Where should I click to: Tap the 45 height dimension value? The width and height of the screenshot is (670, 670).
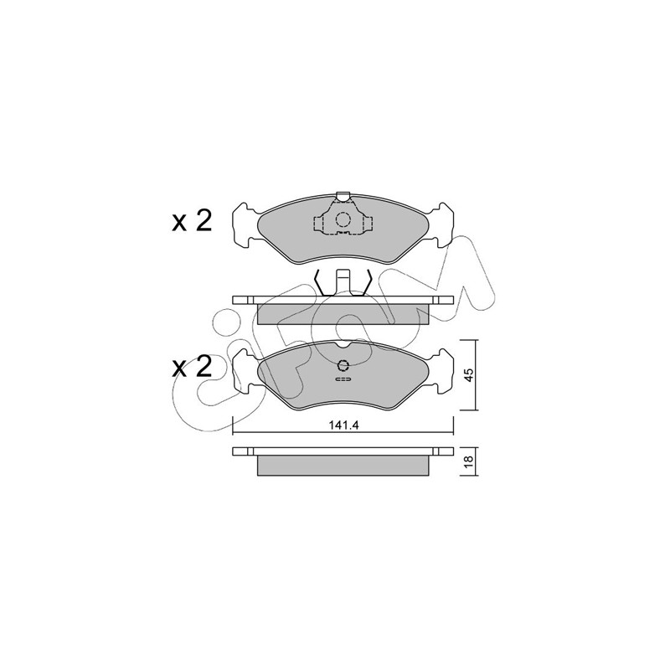tap(469, 375)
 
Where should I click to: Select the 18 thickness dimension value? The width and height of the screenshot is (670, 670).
tap(469, 460)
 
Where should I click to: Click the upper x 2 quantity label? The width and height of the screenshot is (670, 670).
tap(192, 222)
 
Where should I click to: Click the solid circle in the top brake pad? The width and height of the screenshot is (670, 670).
tap(343, 219)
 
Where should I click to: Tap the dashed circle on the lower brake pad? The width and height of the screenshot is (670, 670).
tap(343, 365)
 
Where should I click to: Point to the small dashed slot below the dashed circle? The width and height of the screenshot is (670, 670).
tap(343, 379)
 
